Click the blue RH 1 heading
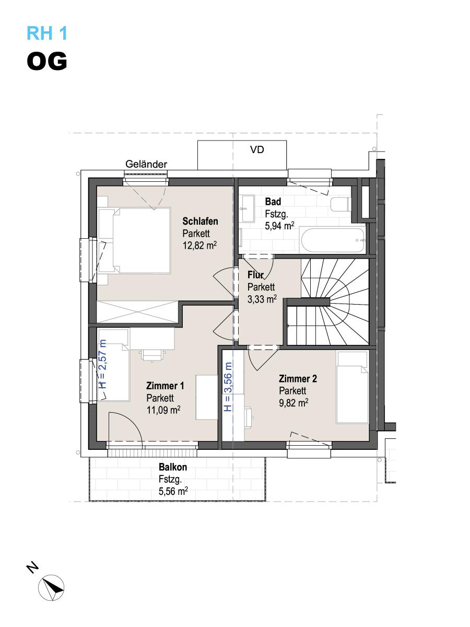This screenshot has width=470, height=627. (47, 33)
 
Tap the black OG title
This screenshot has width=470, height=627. (47, 61)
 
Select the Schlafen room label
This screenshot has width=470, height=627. (200, 221)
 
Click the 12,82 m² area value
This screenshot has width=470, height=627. (199, 246)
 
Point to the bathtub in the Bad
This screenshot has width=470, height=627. (333, 240)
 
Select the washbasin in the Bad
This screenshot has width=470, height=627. (247, 208)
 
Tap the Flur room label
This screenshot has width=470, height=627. (255, 275)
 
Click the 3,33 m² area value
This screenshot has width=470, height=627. (262, 299)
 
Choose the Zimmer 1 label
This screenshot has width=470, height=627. (165, 386)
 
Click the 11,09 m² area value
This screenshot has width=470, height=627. (163, 410)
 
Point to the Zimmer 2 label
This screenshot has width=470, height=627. (298, 378)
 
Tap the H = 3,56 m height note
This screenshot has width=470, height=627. (228, 387)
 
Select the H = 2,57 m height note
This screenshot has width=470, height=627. (102, 364)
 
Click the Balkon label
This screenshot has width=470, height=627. (173, 467)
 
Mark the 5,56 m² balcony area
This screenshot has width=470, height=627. (173, 491)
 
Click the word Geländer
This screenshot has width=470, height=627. (146, 164)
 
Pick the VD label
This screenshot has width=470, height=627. (257, 149)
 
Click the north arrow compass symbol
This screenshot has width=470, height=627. (51, 588)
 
